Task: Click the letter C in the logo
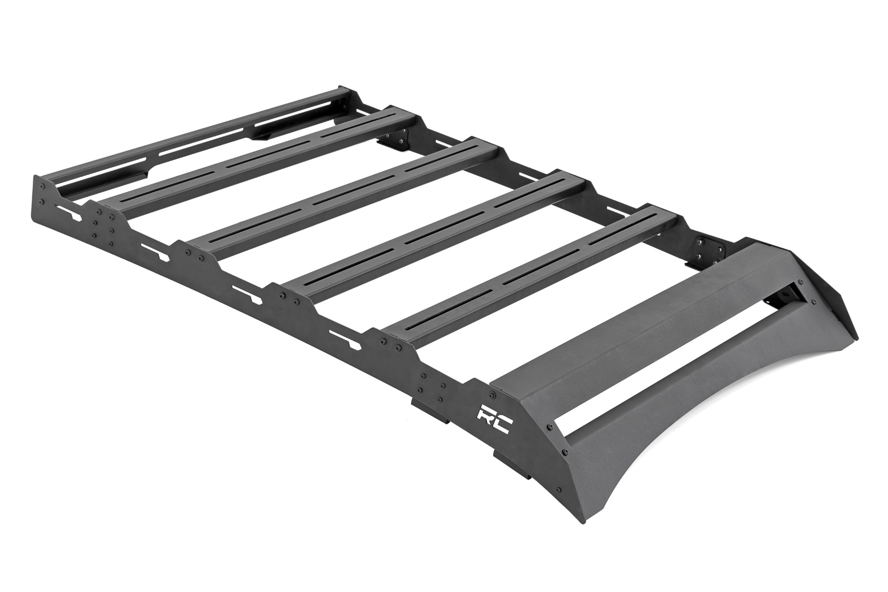(x=502, y=424)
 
